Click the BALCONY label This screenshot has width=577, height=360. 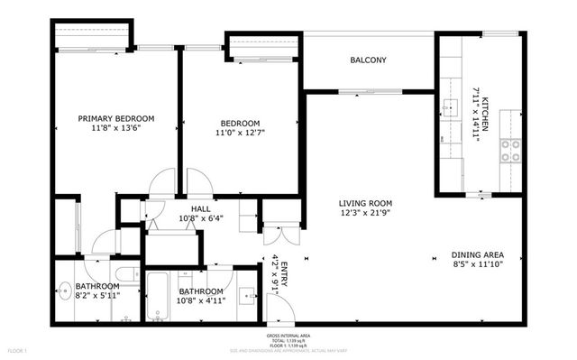pos(368,60)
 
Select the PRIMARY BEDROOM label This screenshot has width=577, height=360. pos(115,118)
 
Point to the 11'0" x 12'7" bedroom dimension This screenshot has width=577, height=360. pos(240,133)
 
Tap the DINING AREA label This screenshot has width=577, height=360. pos(477,254)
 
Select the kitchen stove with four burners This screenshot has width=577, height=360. pos(511,150)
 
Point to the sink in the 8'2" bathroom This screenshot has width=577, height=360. pos(65,291)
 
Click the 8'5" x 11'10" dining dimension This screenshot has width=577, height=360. pos(477,264)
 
